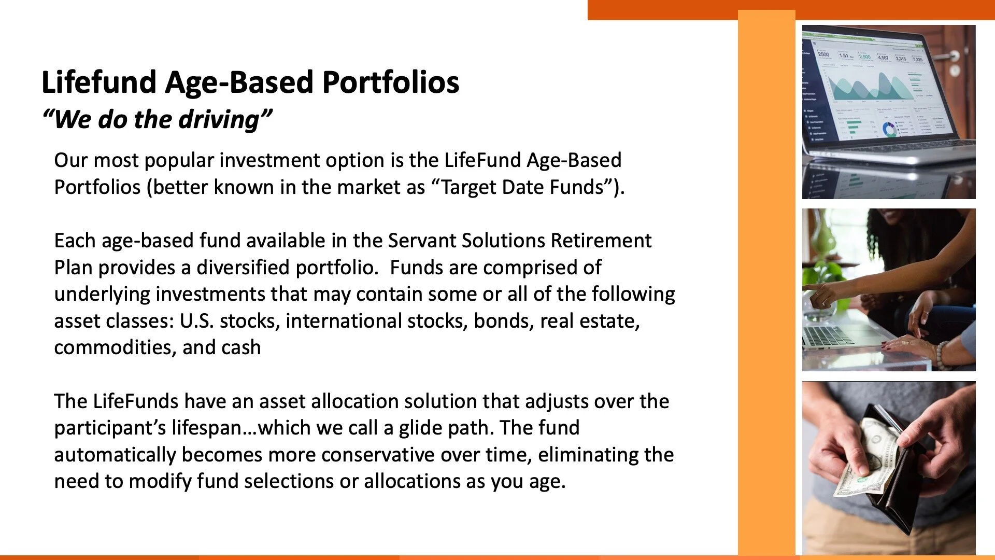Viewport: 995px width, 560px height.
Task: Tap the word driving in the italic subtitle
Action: pyautogui.click(x=218, y=120)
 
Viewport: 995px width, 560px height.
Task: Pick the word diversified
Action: pyautogui.click(x=243, y=268)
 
